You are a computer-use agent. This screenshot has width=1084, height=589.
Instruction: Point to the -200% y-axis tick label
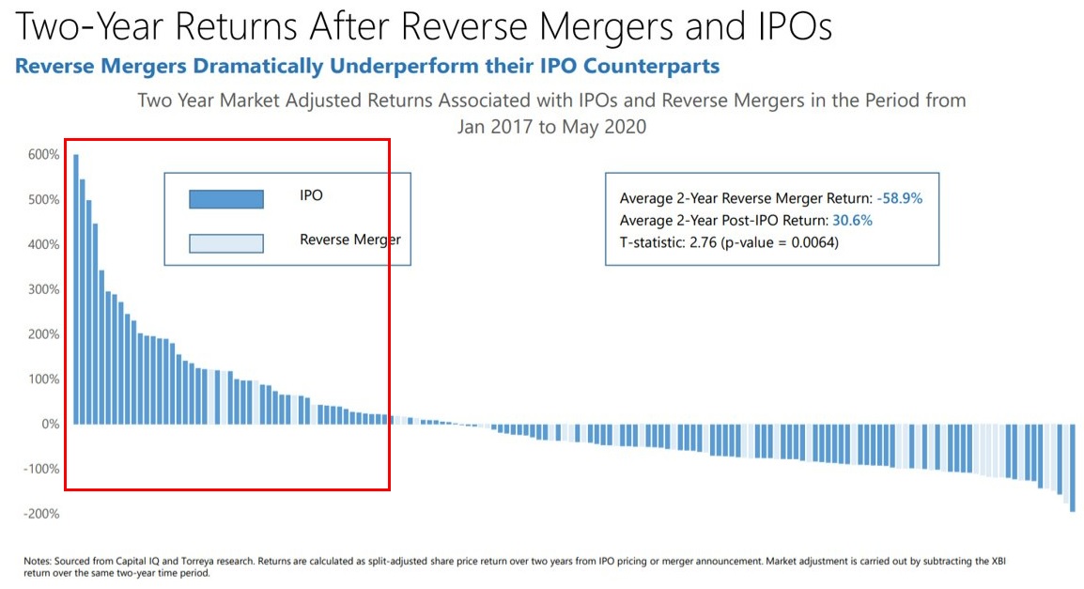pyautogui.click(x=42, y=514)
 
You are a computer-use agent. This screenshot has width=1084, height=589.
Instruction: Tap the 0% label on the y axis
pyautogui.click(x=50, y=424)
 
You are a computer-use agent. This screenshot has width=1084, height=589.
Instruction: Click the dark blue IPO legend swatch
pyautogui.click(x=225, y=199)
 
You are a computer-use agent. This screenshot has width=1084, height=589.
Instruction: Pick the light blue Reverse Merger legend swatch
pyautogui.click(x=225, y=243)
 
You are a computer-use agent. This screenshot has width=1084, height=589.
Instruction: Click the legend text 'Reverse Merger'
pyautogui.click(x=349, y=240)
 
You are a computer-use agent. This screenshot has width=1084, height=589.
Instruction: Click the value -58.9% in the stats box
pyautogui.click(x=906, y=198)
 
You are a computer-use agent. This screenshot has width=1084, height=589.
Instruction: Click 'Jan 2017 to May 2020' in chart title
pyautogui.click(x=551, y=126)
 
